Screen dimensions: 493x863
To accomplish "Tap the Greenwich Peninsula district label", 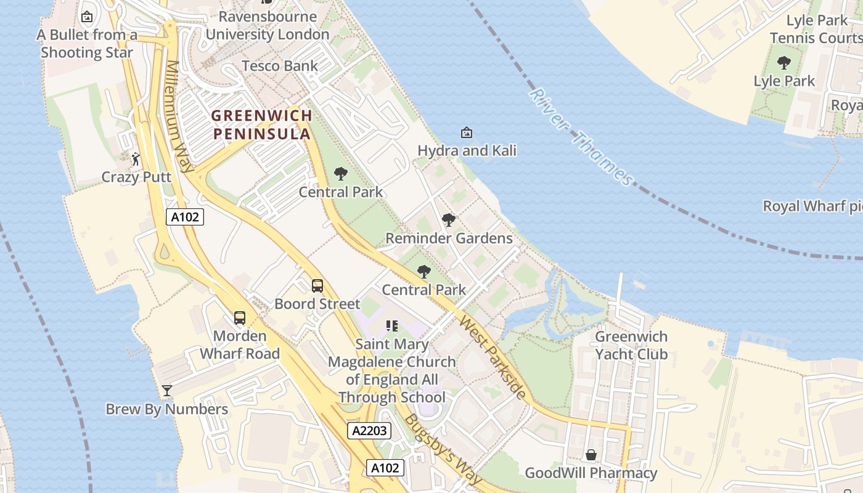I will point(261,124).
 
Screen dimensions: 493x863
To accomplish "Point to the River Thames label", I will point(581,137).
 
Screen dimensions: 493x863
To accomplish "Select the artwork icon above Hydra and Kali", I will point(467,132).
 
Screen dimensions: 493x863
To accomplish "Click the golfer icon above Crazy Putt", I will point(136,159).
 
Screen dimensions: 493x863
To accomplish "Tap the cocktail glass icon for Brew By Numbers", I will point(166,391).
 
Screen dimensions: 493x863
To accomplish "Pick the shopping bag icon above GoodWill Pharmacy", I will point(591,455).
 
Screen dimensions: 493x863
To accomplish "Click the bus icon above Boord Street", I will point(317,286).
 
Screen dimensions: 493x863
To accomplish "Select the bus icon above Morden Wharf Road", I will point(240,318).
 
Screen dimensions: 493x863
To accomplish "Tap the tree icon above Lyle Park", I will point(784,63).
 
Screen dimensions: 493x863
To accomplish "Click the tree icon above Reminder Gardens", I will point(449,220).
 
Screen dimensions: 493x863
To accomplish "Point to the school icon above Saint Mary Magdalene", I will point(392,326).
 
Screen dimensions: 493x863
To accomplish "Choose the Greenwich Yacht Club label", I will point(631,345).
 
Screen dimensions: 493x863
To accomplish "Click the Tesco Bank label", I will point(280,66).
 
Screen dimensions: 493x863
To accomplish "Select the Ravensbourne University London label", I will point(268,25).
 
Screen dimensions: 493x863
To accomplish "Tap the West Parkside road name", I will point(493,357).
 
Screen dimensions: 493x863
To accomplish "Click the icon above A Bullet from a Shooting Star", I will point(87,17).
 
